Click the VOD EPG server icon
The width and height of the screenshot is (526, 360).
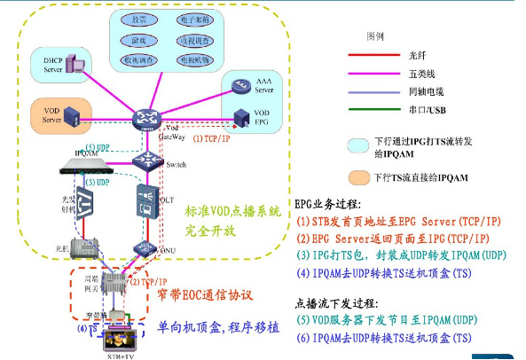pos(239,117)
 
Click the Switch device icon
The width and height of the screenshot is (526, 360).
pos(144,160)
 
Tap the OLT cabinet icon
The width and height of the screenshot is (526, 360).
pos(145,202)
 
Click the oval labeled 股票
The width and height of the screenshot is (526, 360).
pos(139,19)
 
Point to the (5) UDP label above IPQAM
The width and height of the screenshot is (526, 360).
pos(98,146)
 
